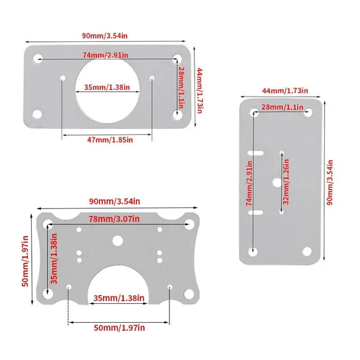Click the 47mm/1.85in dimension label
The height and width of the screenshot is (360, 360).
pyautogui.click(x=110, y=140)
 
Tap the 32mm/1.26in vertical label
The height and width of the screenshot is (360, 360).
pyautogui.click(x=286, y=182)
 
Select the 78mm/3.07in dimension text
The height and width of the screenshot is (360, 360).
pyautogui.click(x=114, y=219)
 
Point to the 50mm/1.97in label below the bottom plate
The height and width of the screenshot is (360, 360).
pyautogui.click(x=120, y=328)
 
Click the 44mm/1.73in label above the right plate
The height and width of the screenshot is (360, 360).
pyautogui.click(x=285, y=91)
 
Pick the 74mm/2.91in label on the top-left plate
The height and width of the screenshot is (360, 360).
pyautogui.click(x=105, y=55)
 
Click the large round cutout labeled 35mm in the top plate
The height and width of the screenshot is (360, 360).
pyautogui.click(x=107, y=91)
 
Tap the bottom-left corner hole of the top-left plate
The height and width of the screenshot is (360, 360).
pyautogui.click(x=37, y=114)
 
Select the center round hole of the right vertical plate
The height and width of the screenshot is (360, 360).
pyautogui.click(x=278, y=182)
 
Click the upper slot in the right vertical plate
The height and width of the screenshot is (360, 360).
pyautogui.click(x=255, y=153)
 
